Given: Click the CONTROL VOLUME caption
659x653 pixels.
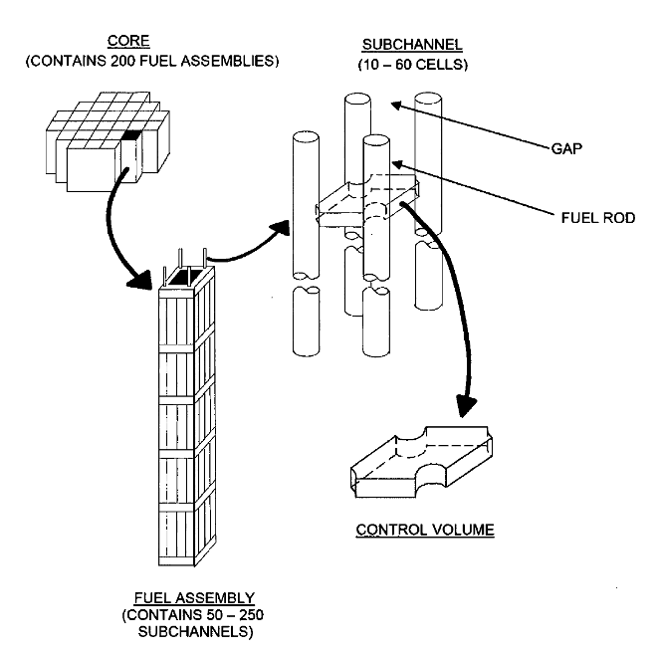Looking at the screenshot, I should pyautogui.click(x=425, y=529).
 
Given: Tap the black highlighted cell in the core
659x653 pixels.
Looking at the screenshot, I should pyautogui.click(x=129, y=136).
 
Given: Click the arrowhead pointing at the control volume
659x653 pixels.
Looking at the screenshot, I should pyautogui.click(x=467, y=403).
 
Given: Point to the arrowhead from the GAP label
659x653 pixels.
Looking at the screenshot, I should pyautogui.click(x=395, y=105).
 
